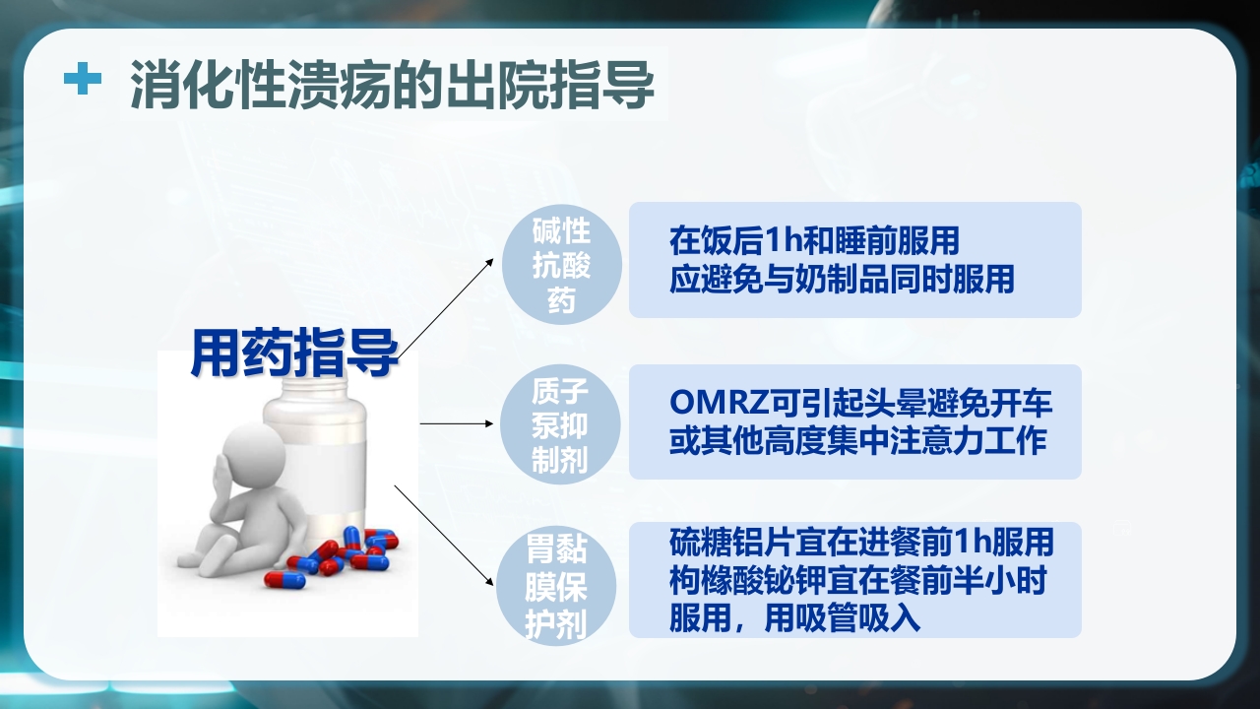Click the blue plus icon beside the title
83,80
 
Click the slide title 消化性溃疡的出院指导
392,84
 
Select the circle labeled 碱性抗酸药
561,261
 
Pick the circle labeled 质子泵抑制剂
561,423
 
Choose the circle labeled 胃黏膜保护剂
561,584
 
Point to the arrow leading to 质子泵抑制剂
457,423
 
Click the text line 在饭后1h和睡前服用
814,241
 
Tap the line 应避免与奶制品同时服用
842,279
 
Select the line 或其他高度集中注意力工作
857,441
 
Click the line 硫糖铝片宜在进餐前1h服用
861,542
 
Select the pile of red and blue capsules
340,556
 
